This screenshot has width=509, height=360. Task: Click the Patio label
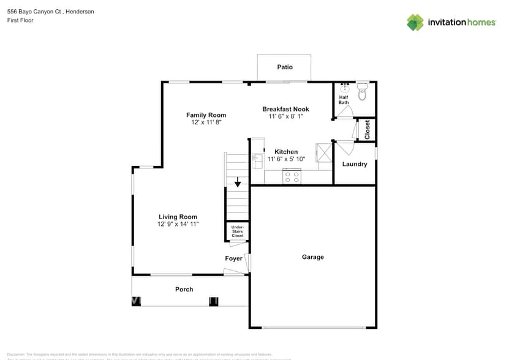(x=284, y=67)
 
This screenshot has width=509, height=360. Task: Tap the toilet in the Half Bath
(x=362, y=92)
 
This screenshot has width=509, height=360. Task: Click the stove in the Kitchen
(x=292, y=177)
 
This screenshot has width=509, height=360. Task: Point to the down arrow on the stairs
(x=238, y=182)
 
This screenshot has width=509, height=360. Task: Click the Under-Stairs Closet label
(x=237, y=231)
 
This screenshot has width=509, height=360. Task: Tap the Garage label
(x=312, y=257)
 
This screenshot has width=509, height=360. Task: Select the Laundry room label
(x=355, y=164)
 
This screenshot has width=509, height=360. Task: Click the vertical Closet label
(x=368, y=129)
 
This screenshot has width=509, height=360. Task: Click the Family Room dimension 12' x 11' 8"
(x=206, y=122)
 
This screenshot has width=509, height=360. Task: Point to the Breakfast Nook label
(x=285, y=109)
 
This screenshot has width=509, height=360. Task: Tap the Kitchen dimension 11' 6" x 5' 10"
(x=286, y=159)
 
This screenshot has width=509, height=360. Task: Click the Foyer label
(x=233, y=258)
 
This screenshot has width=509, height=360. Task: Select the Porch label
(x=184, y=289)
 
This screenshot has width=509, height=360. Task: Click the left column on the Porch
(x=136, y=301)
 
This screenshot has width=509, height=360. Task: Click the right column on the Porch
(x=214, y=301)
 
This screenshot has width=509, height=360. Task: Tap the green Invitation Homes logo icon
(x=415, y=22)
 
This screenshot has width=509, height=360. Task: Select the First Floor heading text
(x=20, y=20)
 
